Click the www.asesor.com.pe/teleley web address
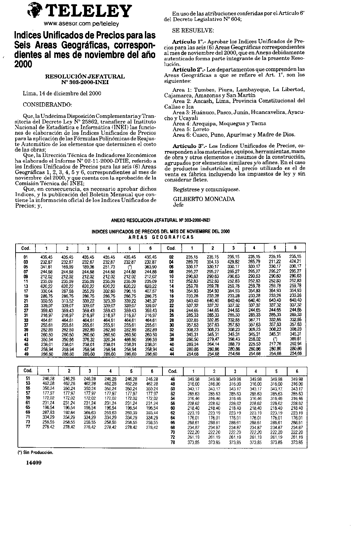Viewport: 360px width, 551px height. point(81,24)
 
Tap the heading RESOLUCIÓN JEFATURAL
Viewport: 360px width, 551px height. point(85,76)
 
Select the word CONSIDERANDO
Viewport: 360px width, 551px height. point(47,105)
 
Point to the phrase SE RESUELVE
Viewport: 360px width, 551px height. point(193,30)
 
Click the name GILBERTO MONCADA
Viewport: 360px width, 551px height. point(204,199)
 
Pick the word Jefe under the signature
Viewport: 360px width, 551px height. point(178,205)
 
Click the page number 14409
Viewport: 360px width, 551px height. point(33,463)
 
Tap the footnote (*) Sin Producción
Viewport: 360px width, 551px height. point(35,452)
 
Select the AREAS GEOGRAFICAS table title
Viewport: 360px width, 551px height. point(160,237)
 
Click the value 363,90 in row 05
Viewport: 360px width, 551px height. point(151,267)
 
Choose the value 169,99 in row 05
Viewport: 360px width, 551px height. point(67,267)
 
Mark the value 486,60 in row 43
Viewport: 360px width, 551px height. point(130,340)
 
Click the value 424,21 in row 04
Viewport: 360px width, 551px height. point(295,262)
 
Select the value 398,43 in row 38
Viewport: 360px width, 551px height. point(234,339)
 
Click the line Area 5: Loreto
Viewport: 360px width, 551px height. point(191,129)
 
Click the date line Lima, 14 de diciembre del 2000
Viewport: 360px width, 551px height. point(62,94)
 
